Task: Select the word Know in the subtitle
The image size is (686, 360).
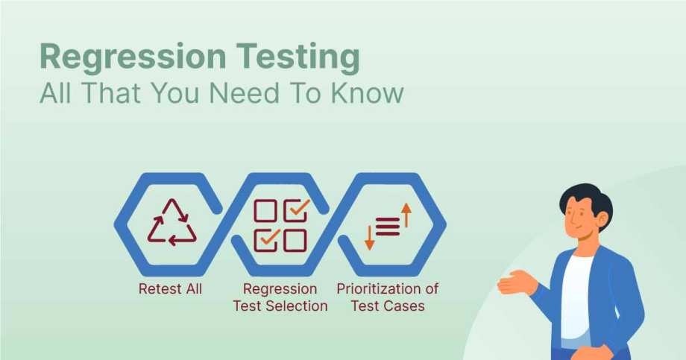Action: coord(368,93)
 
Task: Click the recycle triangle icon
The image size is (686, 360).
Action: coord(171,222)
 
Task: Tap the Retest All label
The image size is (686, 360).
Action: coord(170,288)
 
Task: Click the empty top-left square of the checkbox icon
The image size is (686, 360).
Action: coord(265,211)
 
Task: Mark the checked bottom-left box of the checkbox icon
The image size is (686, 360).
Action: coord(266,239)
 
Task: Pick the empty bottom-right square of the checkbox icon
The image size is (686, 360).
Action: coord(295,240)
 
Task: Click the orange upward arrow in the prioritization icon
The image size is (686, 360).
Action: coord(406,215)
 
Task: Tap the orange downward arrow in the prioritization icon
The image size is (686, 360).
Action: coord(369,237)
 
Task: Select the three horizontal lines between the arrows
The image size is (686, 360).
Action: coord(388,226)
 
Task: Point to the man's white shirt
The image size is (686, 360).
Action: coord(576,298)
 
